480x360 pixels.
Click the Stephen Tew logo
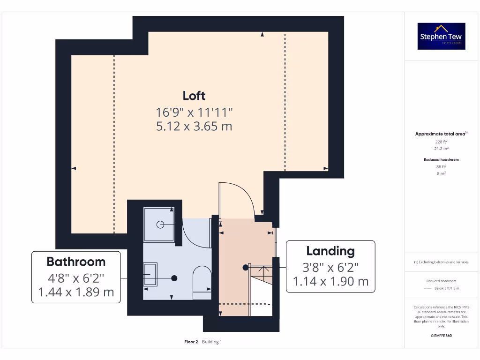(441, 36)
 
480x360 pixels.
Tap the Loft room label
(194, 96)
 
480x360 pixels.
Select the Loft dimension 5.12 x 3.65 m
(194, 126)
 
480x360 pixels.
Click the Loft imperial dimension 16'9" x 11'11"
(194, 112)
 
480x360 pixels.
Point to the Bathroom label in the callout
(76, 262)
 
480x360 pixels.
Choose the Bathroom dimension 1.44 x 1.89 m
(76, 292)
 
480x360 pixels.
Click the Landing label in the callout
(330, 251)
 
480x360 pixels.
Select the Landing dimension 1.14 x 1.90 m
(330, 281)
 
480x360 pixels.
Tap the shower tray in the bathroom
(159, 224)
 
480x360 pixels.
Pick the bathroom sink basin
(150, 274)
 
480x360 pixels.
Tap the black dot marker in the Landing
(245, 268)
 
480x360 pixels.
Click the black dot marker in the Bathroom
(174, 278)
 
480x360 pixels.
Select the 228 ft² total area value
(441, 141)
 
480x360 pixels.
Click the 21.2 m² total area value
(441, 148)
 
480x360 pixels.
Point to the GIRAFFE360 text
(441, 336)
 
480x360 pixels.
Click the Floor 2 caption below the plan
(191, 342)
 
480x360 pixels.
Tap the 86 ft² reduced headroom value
(441, 166)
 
